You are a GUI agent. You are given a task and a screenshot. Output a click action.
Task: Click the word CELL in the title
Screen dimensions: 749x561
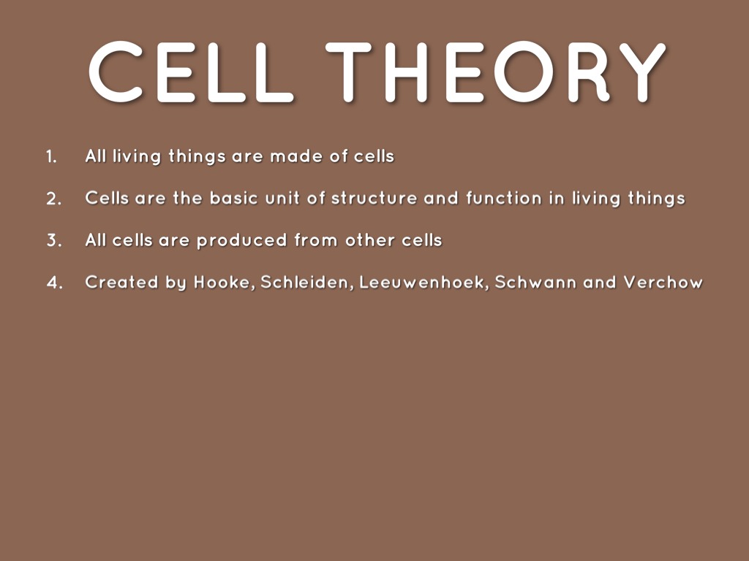coord(191,72)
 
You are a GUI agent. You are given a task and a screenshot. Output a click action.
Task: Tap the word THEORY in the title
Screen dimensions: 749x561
coord(496,72)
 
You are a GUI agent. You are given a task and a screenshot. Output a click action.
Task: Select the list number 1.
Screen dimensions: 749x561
coord(52,157)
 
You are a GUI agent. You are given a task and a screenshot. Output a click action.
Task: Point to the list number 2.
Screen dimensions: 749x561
coord(54,199)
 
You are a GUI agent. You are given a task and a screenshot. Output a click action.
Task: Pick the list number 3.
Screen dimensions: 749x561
coord(54,240)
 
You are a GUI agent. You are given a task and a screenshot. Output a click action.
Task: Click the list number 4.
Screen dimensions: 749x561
coord(54,283)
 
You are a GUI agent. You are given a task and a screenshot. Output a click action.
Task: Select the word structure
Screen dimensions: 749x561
coord(374,198)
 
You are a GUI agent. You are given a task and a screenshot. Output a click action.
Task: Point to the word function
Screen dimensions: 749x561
coord(504,198)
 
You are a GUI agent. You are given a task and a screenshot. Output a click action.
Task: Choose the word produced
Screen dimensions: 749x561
coord(241,240)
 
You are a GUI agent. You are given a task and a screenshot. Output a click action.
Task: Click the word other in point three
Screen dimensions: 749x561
coord(369,240)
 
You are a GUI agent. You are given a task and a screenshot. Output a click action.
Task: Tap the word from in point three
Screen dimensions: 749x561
coord(316,240)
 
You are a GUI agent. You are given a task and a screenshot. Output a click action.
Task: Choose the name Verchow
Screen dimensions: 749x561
coord(663,282)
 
